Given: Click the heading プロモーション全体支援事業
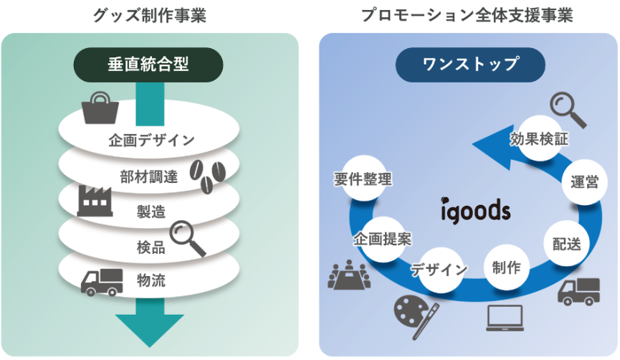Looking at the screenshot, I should pos(467,15).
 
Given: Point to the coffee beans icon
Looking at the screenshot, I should pos(208,175).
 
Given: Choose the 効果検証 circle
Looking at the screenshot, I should pos(539,138).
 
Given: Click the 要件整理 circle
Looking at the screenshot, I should pos(363,179).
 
